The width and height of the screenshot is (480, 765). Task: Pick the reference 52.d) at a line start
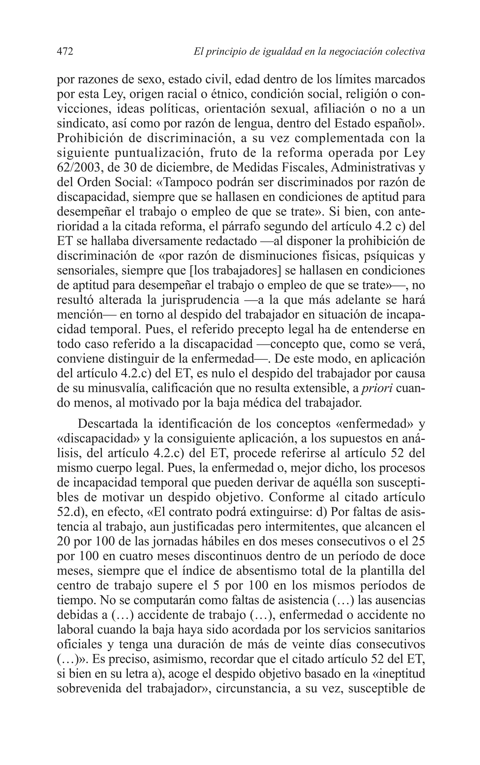point(71,512)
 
